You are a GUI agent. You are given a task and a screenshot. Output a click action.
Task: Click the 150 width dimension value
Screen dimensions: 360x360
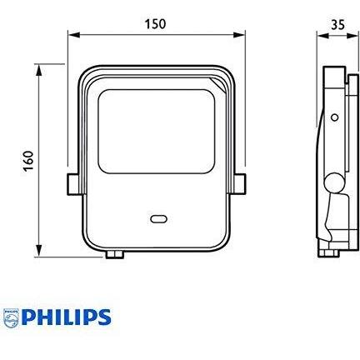pos(155,24)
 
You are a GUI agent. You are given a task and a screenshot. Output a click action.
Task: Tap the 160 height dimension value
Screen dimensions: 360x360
pos(28,161)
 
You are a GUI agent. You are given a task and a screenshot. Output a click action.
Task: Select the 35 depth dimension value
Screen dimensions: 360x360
pos(337,24)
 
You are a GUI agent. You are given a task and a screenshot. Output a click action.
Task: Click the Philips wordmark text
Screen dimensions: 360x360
pos(67,317)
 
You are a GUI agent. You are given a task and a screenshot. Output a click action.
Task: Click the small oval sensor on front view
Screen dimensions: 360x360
pos(158,219)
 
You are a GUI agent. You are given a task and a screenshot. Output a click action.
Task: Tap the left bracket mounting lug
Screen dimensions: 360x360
pos(73,183)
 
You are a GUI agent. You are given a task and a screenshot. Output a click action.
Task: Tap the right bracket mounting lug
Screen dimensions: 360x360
pos(239,183)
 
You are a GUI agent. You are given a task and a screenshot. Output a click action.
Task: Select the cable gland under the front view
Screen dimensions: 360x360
pos(114,254)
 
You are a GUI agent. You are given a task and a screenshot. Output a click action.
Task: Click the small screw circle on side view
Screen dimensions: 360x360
pos(335,117)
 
